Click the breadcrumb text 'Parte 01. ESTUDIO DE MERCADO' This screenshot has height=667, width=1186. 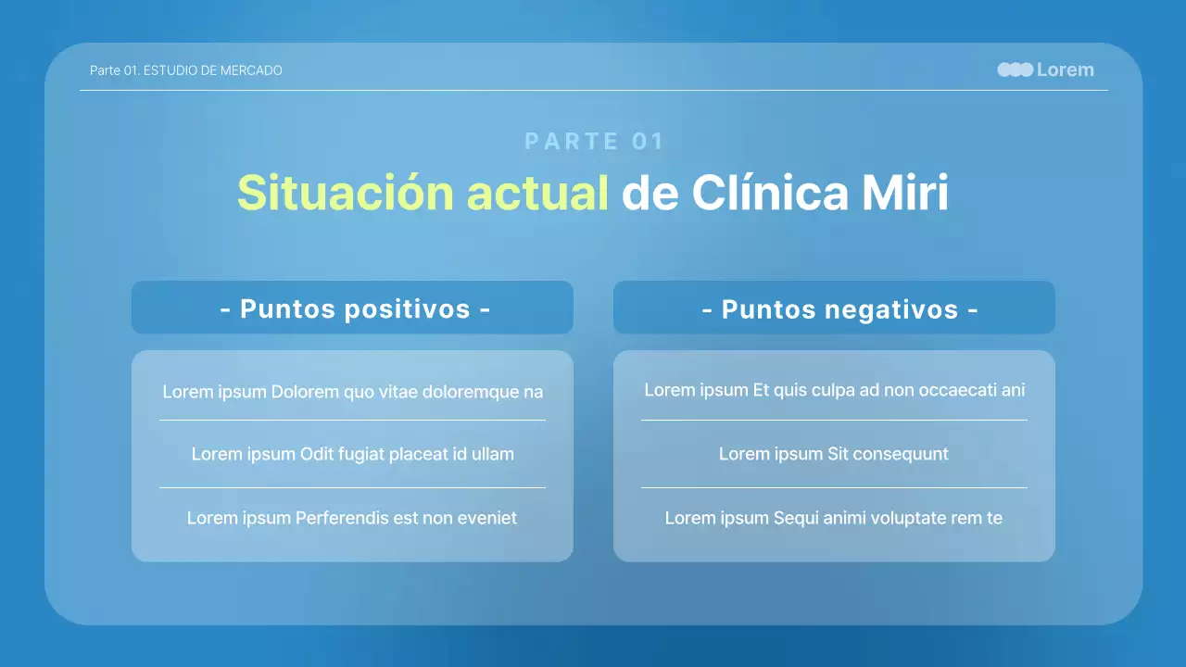[x=185, y=70]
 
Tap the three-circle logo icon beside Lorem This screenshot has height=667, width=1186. [x=1015, y=69]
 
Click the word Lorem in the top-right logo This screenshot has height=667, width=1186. [x=1065, y=69]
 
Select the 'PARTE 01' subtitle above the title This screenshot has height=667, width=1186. [x=594, y=141]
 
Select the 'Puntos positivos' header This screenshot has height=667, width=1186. [x=355, y=308]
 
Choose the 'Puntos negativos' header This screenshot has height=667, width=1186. [x=839, y=308]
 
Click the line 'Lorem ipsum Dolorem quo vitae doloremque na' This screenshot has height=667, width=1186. [x=352, y=392]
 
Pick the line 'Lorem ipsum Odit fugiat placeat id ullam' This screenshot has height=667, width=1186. [x=352, y=454]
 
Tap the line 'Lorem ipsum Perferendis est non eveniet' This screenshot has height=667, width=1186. [x=352, y=518]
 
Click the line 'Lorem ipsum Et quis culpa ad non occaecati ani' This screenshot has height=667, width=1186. [x=834, y=390]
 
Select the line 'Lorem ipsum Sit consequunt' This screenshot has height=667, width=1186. [x=834, y=454]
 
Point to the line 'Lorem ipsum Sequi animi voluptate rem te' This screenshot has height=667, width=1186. [x=834, y=518]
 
